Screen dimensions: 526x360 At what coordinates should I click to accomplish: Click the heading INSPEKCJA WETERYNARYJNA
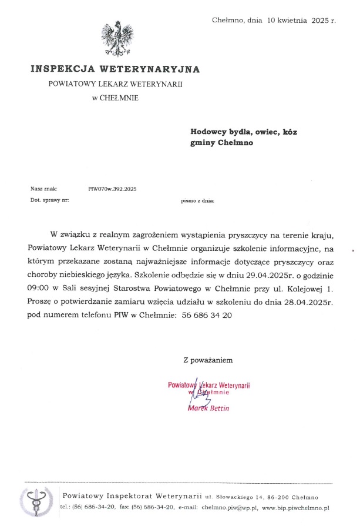[115, 69]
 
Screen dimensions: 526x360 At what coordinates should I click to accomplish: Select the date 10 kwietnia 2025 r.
[302, 21]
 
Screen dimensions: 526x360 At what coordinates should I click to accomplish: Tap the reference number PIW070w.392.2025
[112, 189]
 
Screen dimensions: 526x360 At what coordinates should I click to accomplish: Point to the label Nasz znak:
[43, 189]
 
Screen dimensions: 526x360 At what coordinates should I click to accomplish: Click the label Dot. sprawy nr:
[49, 200]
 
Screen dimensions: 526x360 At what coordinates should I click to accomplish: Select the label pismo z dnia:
[198, 200]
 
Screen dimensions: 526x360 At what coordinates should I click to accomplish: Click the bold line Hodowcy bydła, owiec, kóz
[244, 132]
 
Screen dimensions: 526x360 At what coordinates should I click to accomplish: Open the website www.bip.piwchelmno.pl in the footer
[296, 507]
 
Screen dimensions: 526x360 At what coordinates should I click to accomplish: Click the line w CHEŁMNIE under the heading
[115, 98]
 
